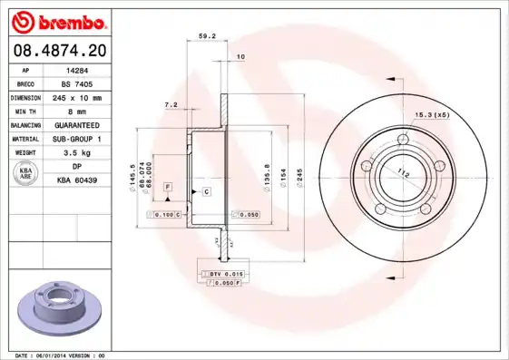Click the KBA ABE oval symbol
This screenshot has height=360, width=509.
[x=25, y=175]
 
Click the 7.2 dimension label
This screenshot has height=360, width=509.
[x=171, y=105]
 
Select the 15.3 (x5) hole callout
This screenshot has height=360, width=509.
[x=432, y=114]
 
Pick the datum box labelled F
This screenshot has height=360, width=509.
[x=168, y=186]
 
